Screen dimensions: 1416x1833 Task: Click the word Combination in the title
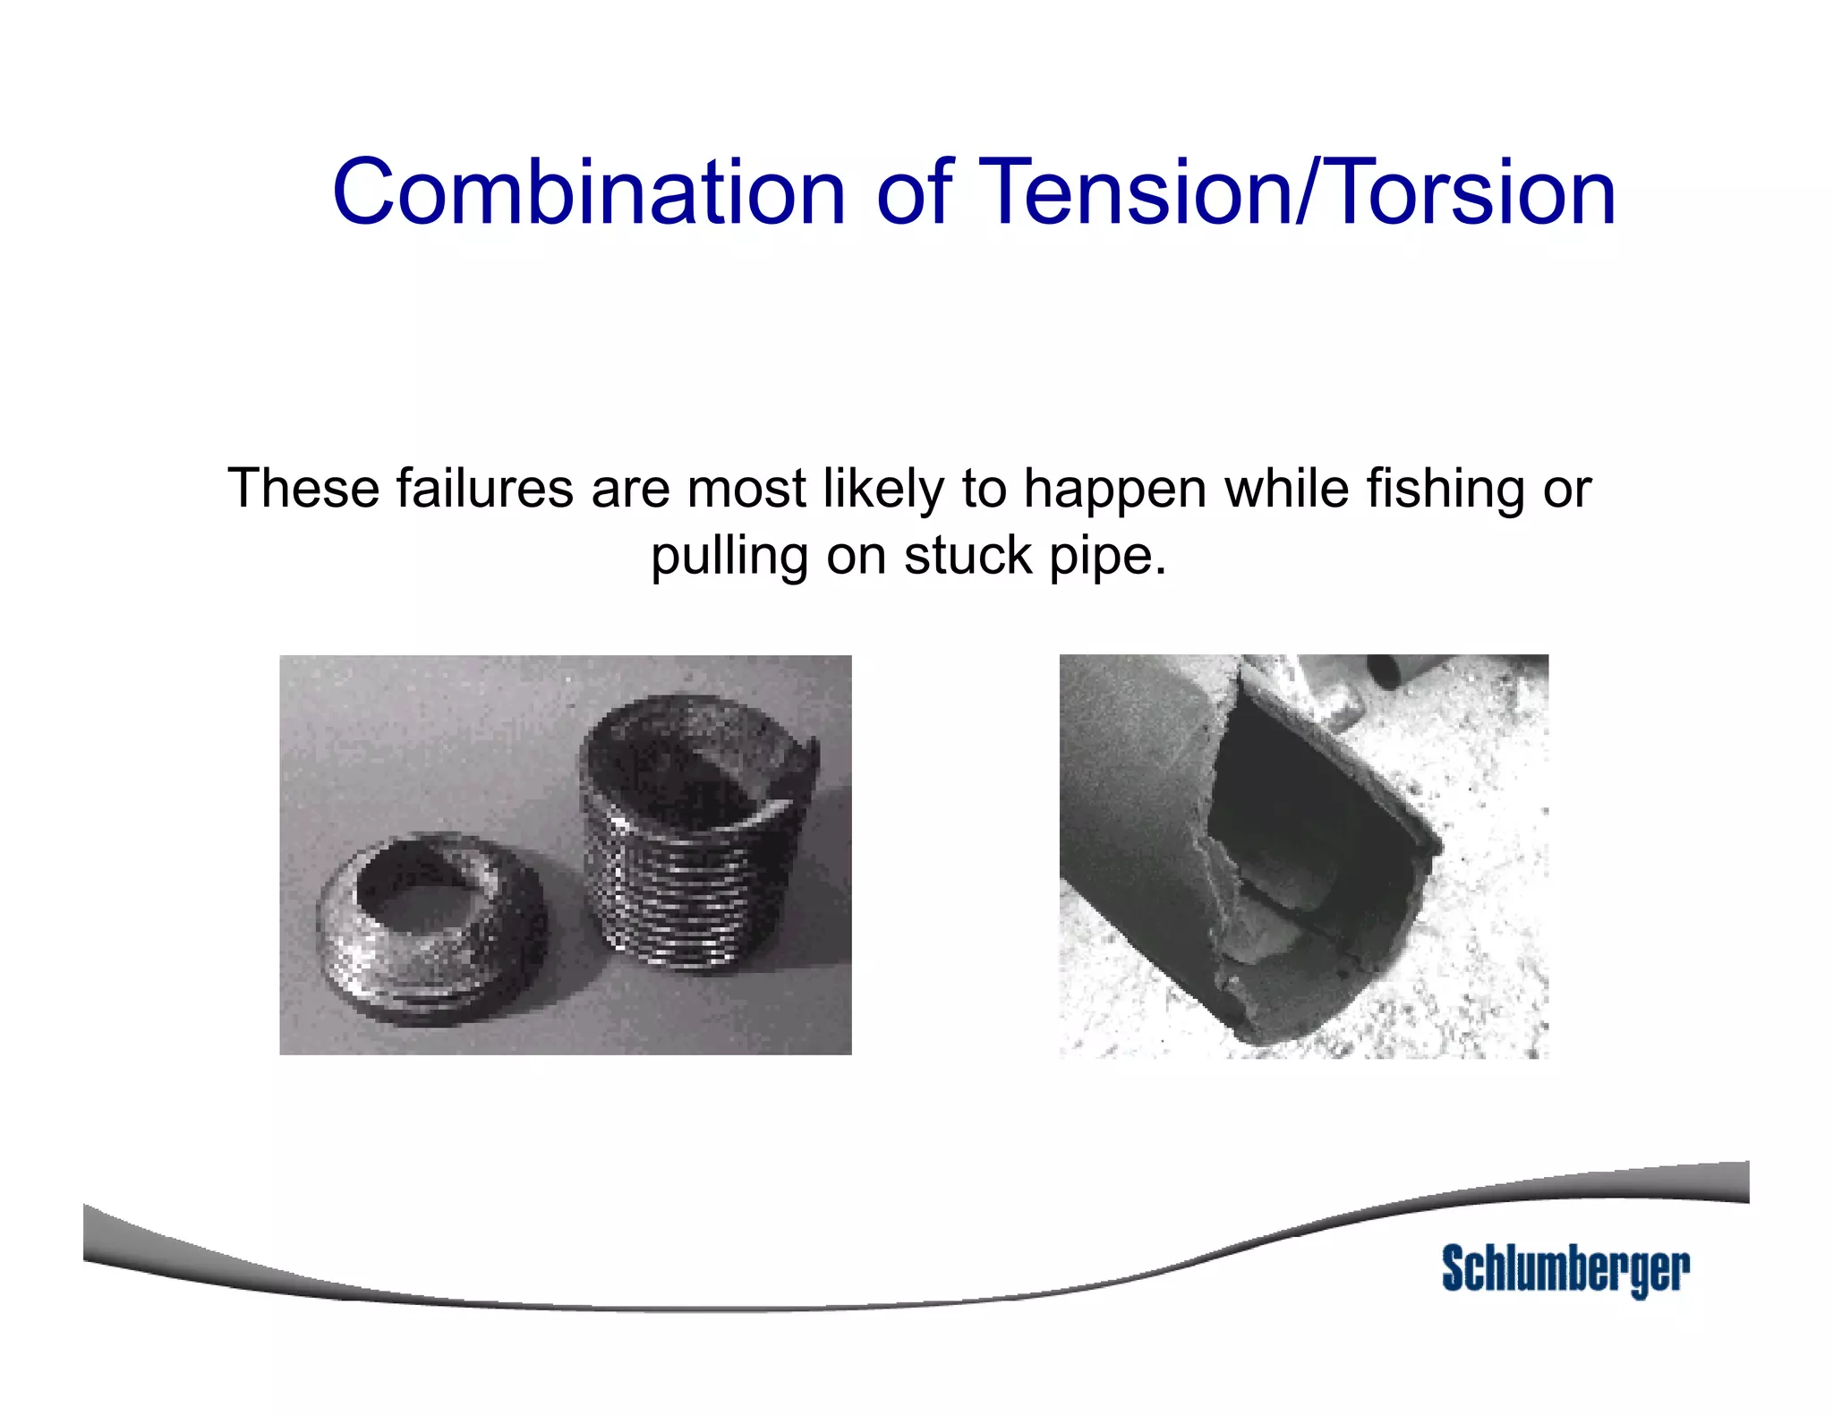pyautogui.click(x=588, y=192)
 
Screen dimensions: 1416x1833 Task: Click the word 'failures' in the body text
pyautogui.click(x=484, y=489)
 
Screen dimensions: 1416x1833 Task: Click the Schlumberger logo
pyautogui.click(x=1564, y=1269)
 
